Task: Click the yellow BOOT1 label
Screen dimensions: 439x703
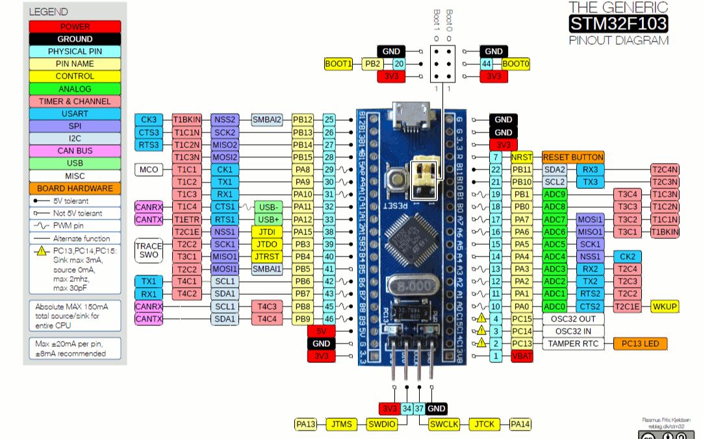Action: (339, 64)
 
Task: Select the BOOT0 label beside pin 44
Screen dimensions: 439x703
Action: (516, 64)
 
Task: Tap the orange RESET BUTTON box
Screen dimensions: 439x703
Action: (573, 157)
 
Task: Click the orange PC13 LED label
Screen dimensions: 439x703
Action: (640, 344)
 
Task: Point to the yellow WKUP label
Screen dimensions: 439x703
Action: (665, 306)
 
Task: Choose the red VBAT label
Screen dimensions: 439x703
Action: (522, 356)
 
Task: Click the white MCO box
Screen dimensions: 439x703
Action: (149, 169)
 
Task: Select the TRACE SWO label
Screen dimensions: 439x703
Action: (149, 251)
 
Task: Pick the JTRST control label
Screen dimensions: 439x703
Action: (266, 257)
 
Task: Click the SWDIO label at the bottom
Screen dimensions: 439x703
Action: (381, 424)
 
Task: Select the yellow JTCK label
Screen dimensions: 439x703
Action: (484, 424)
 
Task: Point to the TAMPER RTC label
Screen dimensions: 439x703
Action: (574, 344)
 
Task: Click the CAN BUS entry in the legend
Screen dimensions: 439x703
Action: (75, 151)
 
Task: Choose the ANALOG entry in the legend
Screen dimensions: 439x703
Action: (75, 88)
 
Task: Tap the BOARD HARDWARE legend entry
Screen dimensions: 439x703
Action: (75, 188)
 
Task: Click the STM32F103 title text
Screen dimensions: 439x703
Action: (618, 24)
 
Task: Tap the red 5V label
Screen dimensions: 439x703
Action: (322, 331)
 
